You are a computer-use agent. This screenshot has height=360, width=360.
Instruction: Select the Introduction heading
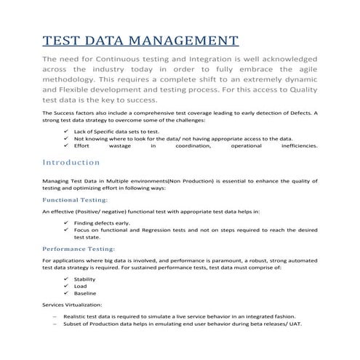point(71,162)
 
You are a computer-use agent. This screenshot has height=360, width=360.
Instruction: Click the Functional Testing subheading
point(76,199)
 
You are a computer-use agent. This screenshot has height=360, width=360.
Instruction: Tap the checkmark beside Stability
point(66,279)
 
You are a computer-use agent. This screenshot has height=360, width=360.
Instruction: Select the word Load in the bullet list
point(80,286)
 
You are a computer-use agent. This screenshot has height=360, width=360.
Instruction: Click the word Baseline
point(85,293)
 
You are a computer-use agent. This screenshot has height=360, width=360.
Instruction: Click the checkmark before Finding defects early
point(66,223)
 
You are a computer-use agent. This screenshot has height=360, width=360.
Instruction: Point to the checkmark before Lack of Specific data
point(66,130)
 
